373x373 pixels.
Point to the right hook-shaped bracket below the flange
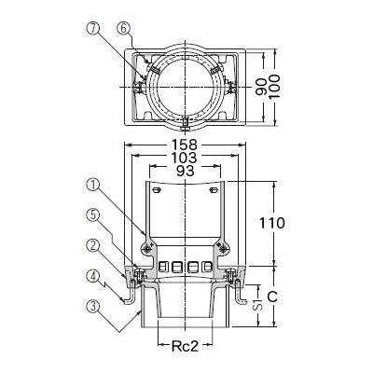244,297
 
